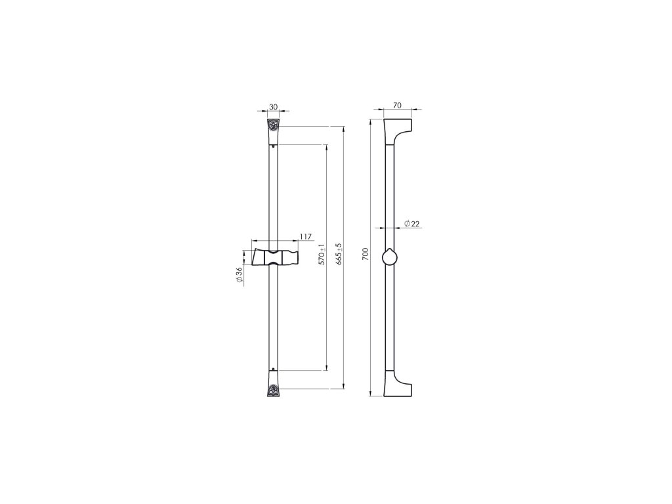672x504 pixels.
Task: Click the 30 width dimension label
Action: click(273, 106)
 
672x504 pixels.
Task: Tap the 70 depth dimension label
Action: click(397, 105)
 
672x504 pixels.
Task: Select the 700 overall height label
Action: click(365, 254)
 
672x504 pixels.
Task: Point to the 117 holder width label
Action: click(306, 236)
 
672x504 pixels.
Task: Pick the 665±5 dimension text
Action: click(339, 254)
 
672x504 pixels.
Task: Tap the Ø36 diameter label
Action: click(239, 275)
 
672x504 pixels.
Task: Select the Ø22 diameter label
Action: click(411, 223)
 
